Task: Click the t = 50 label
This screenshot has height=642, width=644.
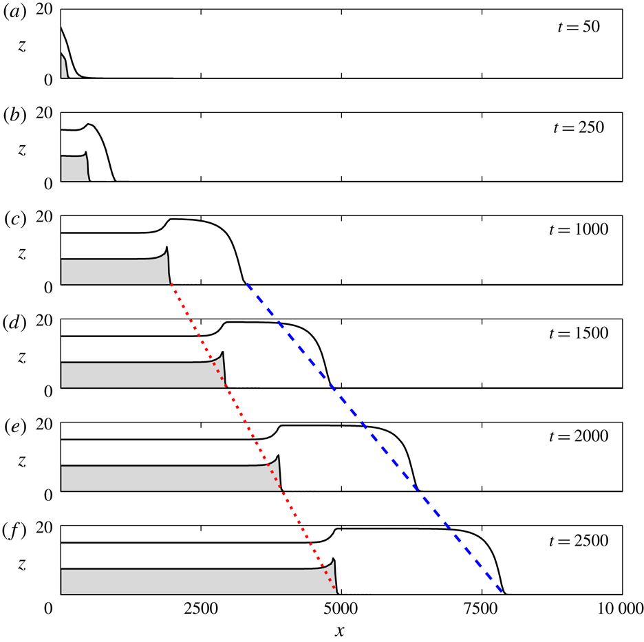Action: click(x=579, y=28)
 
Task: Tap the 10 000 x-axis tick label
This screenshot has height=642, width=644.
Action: click(x=615, y=608)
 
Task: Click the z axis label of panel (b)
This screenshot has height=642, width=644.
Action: click(x=23, y=150)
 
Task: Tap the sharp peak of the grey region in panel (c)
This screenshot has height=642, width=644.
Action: click(x=167, y=247)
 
